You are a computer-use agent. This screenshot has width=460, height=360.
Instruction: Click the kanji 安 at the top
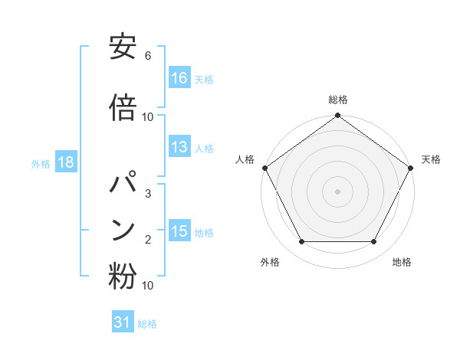[123, 48]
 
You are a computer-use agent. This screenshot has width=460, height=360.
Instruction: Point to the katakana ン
[123, 230]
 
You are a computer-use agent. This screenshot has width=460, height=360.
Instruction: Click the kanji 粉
[123, 276]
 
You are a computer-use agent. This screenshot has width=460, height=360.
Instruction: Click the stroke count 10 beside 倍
[148, 117]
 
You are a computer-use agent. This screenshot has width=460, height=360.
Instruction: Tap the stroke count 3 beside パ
[148, 193]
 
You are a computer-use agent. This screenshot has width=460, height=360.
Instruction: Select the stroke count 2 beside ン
[148, 240]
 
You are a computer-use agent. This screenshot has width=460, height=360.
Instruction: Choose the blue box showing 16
[179, 77]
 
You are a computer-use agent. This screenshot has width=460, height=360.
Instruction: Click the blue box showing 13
[179, 147]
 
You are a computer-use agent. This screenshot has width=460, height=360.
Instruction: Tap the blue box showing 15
[179, 231]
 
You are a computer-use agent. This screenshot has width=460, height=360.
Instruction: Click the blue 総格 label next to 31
[147, 324]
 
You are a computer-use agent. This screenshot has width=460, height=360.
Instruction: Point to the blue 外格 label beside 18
[41, 163]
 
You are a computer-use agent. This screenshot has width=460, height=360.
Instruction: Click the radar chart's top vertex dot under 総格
[337, 116]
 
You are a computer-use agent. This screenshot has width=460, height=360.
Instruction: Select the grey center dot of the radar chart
[337, 191]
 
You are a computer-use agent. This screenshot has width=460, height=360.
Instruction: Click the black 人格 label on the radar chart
[245, 159]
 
